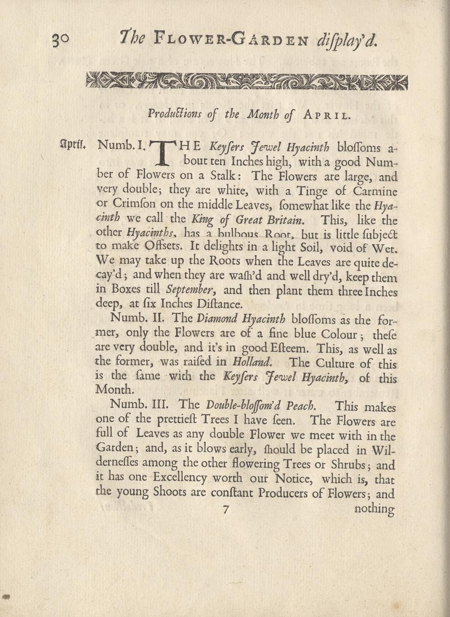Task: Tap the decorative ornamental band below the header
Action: pyautogui.click(x=247, y=80)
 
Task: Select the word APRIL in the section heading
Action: pyautogui.click(x=326, y=115)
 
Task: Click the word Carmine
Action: pyautogui.click(x=375, y=191)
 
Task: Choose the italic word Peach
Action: pyautogui.click(x=301, y=406)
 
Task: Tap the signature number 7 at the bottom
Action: pyautogui.click(x=225, y=508)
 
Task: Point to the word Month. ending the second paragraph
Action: pyautogui.click(x=114, y=389)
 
